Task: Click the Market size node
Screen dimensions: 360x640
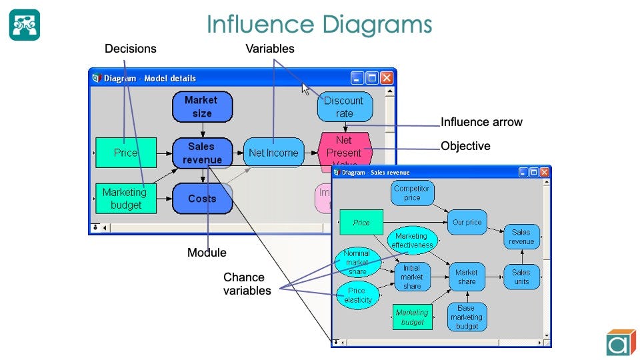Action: tap(202, 107)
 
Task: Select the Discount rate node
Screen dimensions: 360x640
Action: tap(344, 107)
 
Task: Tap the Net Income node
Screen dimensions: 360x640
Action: tap(273, 153)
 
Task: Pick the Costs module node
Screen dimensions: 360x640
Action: tap(202, 199)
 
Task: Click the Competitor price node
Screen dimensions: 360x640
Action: tap(412, 193)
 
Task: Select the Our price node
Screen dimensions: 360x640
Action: tap(467, 222)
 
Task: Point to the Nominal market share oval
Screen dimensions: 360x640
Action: tap(357, 262)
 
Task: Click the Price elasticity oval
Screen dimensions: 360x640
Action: tap(357, 295)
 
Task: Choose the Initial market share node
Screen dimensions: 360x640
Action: tap(412, 277)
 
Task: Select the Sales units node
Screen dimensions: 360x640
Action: tap(521, 277)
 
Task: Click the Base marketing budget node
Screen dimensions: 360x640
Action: tap(466, 317)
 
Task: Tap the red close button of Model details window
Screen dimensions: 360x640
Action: tap(386, 78)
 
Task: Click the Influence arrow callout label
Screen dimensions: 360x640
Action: tap(481, 122)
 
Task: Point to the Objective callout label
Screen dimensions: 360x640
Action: tap(465, 145)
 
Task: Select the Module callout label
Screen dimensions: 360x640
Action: tap(207, 253)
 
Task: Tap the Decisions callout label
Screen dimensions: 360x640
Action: tap(131, 49)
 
